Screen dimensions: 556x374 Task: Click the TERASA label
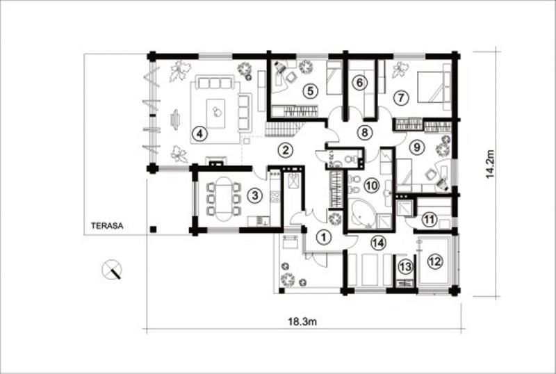(x=107, y=226)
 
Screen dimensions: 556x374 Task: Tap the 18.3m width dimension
(x=302, y=322)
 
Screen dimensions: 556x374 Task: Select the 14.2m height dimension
(x=490, y=164)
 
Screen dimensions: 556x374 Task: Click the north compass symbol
(x=112, y=270)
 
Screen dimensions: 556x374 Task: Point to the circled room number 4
(x=199, y=134)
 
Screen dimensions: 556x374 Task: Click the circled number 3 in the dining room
(x=255, y=195)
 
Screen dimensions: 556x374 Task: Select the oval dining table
(x=223, y=199)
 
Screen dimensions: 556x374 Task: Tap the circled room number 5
(x=310, y=91)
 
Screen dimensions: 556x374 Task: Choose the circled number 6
(x=359, y=83)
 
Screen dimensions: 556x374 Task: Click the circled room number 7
(x=401, y=97)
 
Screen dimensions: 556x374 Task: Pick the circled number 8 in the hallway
(x=364, y=132)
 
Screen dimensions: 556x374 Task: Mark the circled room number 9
(x=417, y=147)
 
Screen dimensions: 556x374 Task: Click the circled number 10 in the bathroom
(x=372, y=185)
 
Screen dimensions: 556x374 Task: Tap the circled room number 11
(x=430, y=219)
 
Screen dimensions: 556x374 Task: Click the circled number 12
(x=435, y=261)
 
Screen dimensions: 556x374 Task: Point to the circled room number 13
(x=406, y=266)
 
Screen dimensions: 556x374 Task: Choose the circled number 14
(x=378, y=243)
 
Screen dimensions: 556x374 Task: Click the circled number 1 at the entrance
(x=323, y=237)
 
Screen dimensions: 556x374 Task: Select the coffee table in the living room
(x=215, y=113)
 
